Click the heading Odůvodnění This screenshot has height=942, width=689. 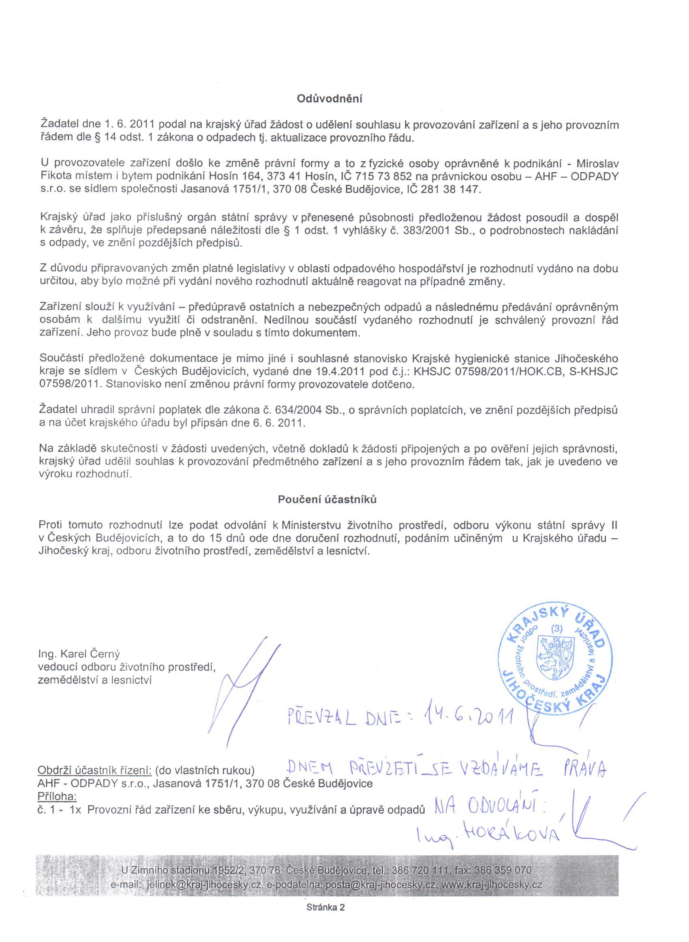pos(330,99)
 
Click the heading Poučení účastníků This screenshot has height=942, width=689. pos(327,500)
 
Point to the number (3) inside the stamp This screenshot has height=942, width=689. pos(557,629)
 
